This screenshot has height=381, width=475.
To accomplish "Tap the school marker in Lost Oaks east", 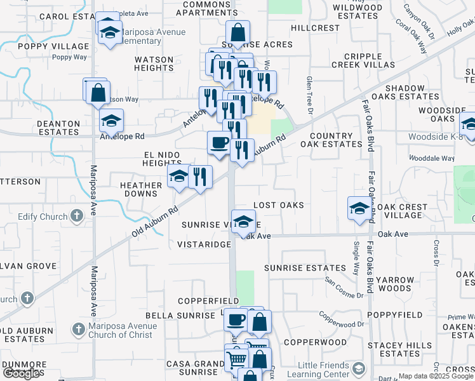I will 359,209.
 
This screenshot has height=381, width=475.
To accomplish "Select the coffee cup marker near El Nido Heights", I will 220,143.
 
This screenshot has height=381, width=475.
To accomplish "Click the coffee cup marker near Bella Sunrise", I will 236,319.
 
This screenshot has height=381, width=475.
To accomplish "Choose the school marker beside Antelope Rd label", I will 111,121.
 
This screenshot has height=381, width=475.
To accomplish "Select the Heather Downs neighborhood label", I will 141,189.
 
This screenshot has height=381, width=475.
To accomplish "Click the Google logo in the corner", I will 22,374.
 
